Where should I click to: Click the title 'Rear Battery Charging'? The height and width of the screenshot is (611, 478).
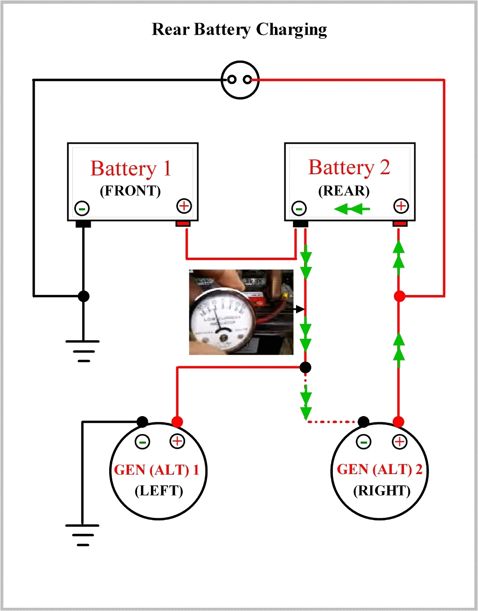239,30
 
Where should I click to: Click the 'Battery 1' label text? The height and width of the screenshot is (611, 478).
131,169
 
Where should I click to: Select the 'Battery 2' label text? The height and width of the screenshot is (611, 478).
349,167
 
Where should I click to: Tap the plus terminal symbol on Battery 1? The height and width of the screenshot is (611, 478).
184,206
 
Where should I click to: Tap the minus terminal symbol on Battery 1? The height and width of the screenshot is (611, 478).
82,208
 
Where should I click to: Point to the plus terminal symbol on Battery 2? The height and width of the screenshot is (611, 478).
401,206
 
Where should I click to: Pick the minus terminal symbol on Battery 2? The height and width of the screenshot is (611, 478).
299,208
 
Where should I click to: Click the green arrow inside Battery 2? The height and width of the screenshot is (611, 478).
353,209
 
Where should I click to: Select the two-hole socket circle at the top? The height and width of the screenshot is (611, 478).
240,80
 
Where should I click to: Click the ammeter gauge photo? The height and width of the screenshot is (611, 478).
241,312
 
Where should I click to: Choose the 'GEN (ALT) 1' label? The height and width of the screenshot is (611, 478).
156,470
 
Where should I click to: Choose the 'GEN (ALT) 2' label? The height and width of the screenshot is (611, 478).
380,470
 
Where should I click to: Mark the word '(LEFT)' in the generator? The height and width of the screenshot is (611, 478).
159,491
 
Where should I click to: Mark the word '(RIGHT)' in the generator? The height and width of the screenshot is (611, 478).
382,491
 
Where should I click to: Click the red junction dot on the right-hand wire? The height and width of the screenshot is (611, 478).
399,296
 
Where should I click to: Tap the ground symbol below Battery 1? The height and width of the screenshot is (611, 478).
83,350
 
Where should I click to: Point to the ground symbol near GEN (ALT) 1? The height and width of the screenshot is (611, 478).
83,534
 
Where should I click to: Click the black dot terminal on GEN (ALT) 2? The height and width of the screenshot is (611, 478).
363,422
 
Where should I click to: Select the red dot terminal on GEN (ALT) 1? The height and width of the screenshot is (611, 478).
177,422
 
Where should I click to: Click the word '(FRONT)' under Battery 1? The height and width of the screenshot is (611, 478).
130,191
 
